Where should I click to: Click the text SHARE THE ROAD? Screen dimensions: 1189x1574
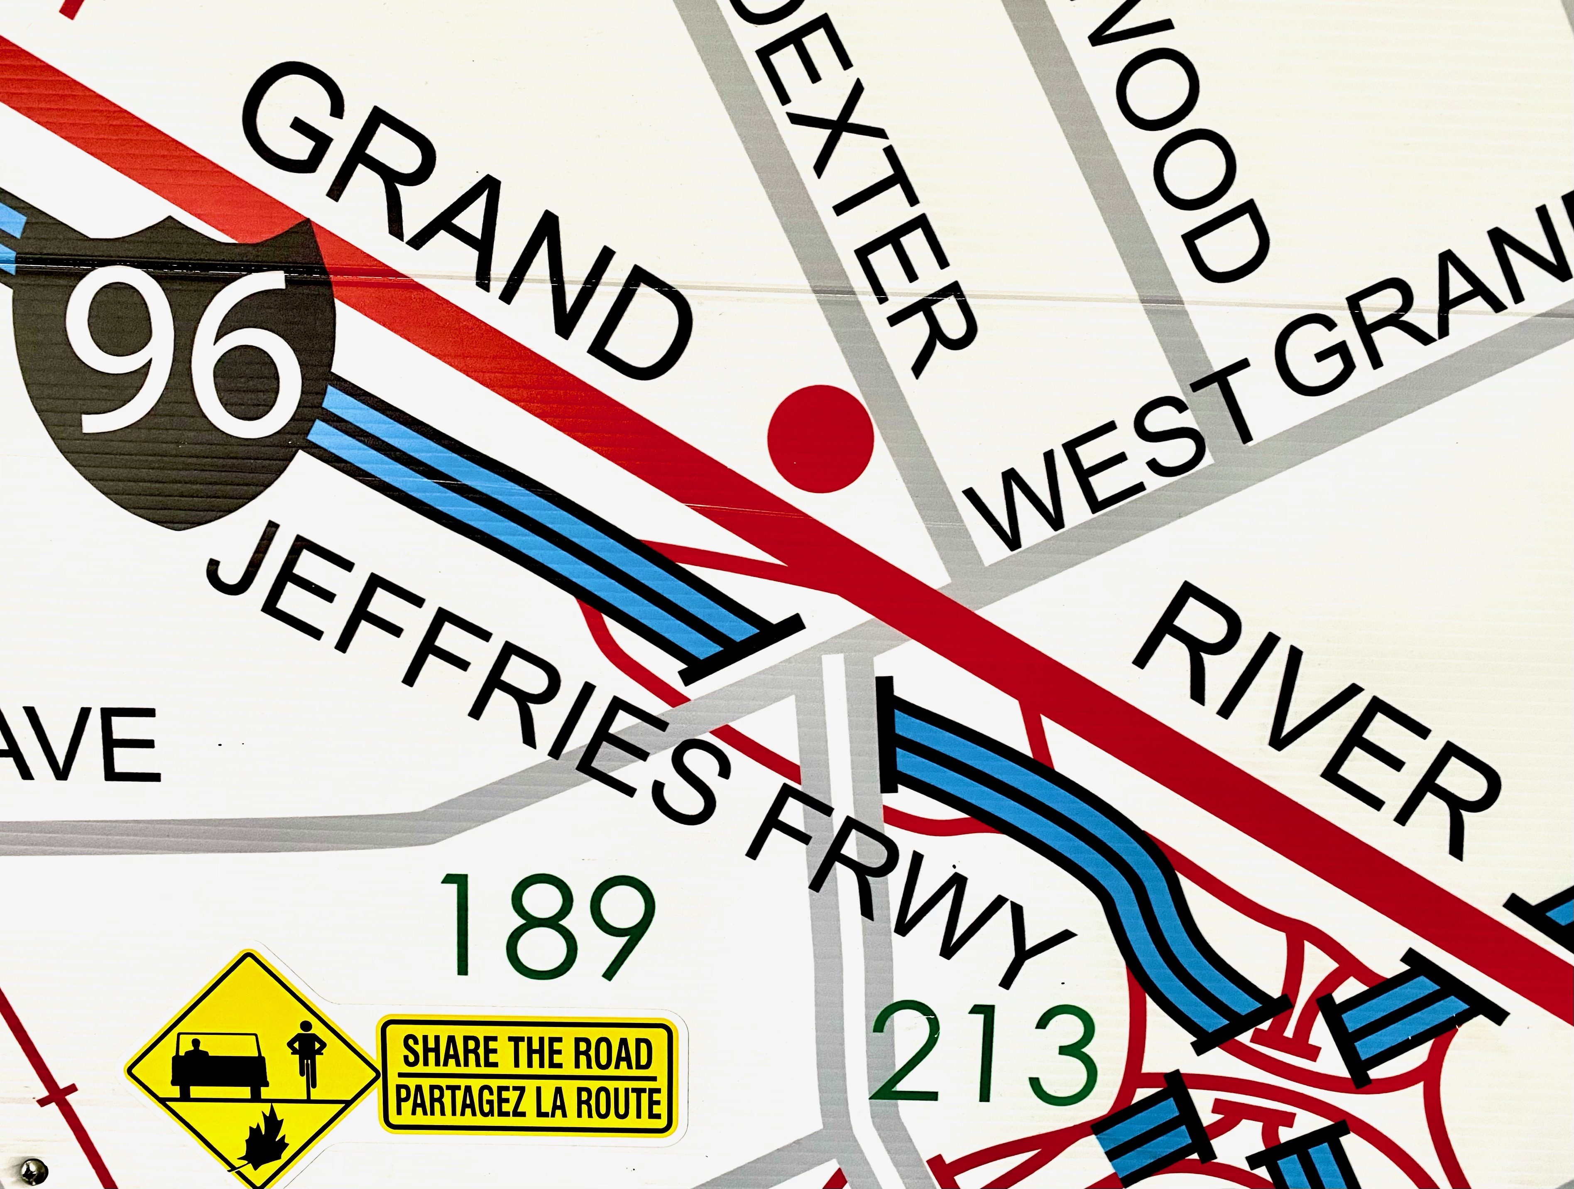click(x=526, y=1053)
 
